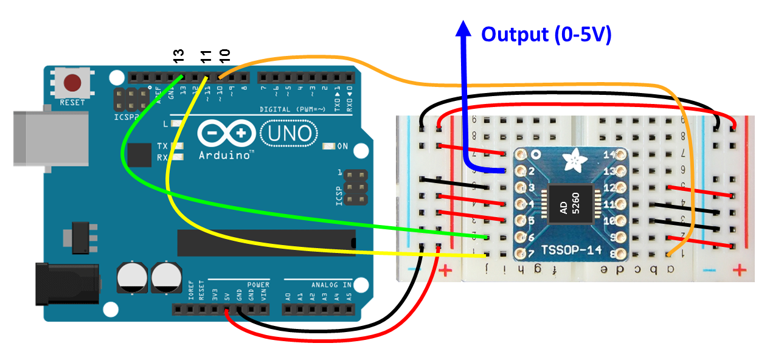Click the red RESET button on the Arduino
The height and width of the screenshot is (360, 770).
click(74, 83)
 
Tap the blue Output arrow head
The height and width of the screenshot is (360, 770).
click(464, 29)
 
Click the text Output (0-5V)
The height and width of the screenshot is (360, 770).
click(546, 34)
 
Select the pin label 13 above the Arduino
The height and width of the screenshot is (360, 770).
click(178, 57)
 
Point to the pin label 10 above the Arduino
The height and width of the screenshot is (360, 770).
click(224, 57)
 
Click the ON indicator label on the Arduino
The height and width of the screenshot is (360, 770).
click(342, 146)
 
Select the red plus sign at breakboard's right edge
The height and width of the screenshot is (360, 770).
click(739, 269)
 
